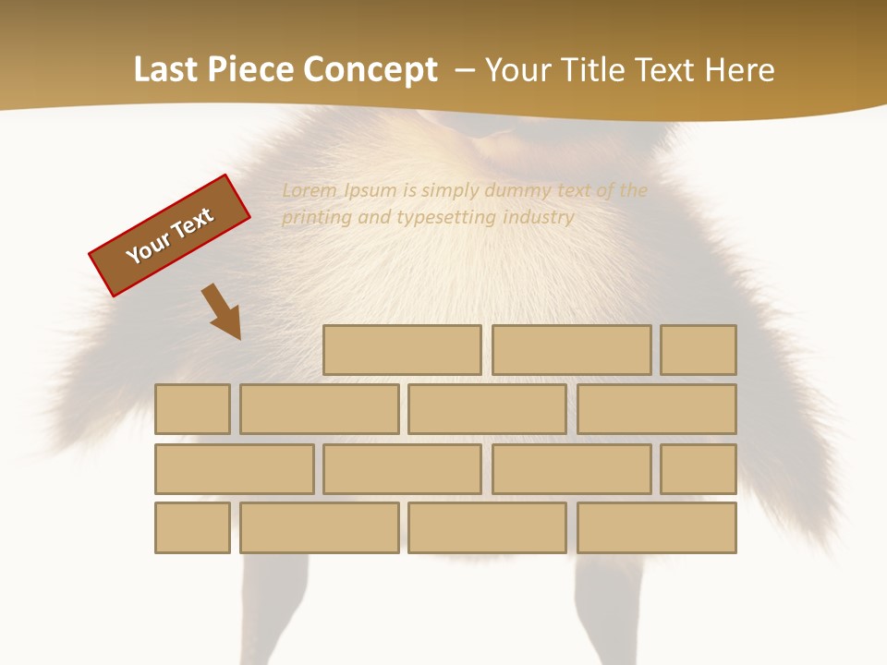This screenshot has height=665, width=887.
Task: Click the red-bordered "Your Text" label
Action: [170, 236]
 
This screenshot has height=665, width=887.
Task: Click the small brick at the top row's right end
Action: [699, 350]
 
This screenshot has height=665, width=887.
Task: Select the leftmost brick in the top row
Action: [402, 350]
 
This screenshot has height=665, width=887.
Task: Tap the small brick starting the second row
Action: [192, 409]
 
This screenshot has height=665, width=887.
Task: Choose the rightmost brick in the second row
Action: [657, 409]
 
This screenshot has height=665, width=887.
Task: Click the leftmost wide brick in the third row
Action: [234, 469]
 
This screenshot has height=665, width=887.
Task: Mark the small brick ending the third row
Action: [699, 469]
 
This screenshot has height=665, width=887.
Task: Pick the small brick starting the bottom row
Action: [192, 527]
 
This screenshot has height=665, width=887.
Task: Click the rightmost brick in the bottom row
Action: [657, 527]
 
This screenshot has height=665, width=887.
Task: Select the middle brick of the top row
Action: [571, 350]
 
